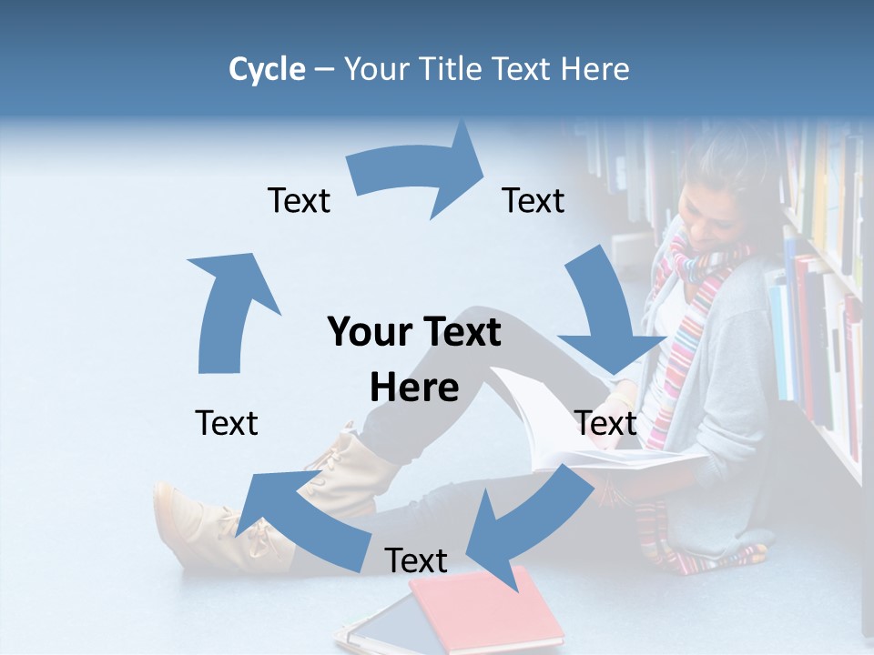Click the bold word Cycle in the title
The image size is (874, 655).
[x=267, y=69]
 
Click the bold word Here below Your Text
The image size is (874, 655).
[x=414, y=388]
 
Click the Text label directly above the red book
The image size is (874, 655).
[x=416, y=560]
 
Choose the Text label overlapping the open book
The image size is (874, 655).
[x=605, y=423]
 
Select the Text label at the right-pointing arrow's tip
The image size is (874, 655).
[x=534, y=200]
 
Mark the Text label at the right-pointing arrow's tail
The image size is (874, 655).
[x=299, y=200]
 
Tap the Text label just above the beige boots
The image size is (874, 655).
[x=227, y=423]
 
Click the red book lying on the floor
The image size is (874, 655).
[x=487, y=610]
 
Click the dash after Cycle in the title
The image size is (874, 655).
[x=324, y=69]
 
